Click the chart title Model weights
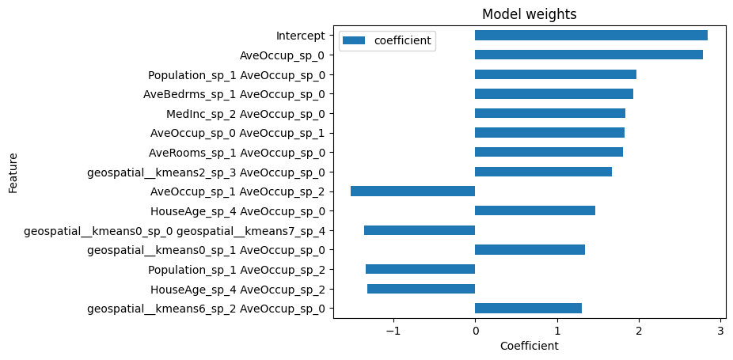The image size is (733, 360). coord(529,14)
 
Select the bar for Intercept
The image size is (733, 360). coord(591,36)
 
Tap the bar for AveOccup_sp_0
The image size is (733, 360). coord(588,55)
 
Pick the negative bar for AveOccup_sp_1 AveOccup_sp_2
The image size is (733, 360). coord(412,191)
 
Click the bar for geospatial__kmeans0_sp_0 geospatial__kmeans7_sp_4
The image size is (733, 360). coord(420,230)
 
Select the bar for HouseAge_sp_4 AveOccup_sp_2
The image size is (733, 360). coord(421,289)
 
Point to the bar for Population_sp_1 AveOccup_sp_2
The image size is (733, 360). coord(420,269)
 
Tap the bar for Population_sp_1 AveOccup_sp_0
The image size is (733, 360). coord(555,74)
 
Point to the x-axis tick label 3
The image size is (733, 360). coord(720,332)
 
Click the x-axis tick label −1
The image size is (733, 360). coord(392,332)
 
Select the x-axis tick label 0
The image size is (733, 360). coord(475,332)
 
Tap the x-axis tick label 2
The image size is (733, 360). coord(639,332)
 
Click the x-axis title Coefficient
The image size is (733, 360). coord(529,347)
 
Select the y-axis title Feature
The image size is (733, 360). coord(13,172)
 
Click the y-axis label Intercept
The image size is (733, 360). coord(300,36)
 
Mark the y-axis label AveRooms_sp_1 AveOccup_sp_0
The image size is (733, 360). coord(236,153)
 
